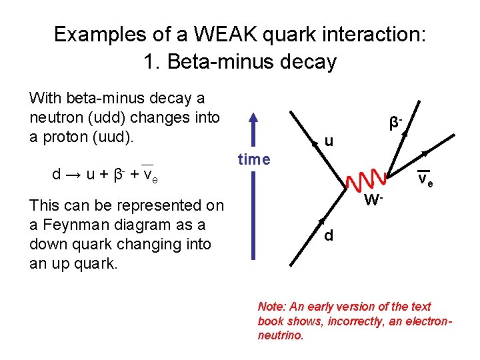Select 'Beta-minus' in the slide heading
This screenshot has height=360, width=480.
tap(207, 62)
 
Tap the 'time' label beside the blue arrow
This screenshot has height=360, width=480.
tap(254, 159)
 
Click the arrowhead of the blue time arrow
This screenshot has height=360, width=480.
tap(253, 119)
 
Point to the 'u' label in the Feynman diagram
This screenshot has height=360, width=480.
tap(328, 141)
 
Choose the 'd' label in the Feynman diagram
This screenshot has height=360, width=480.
tap(330, 237)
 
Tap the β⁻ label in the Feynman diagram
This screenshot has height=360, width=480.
tap(396, 123)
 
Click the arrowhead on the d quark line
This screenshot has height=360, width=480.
tap(321, 222)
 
